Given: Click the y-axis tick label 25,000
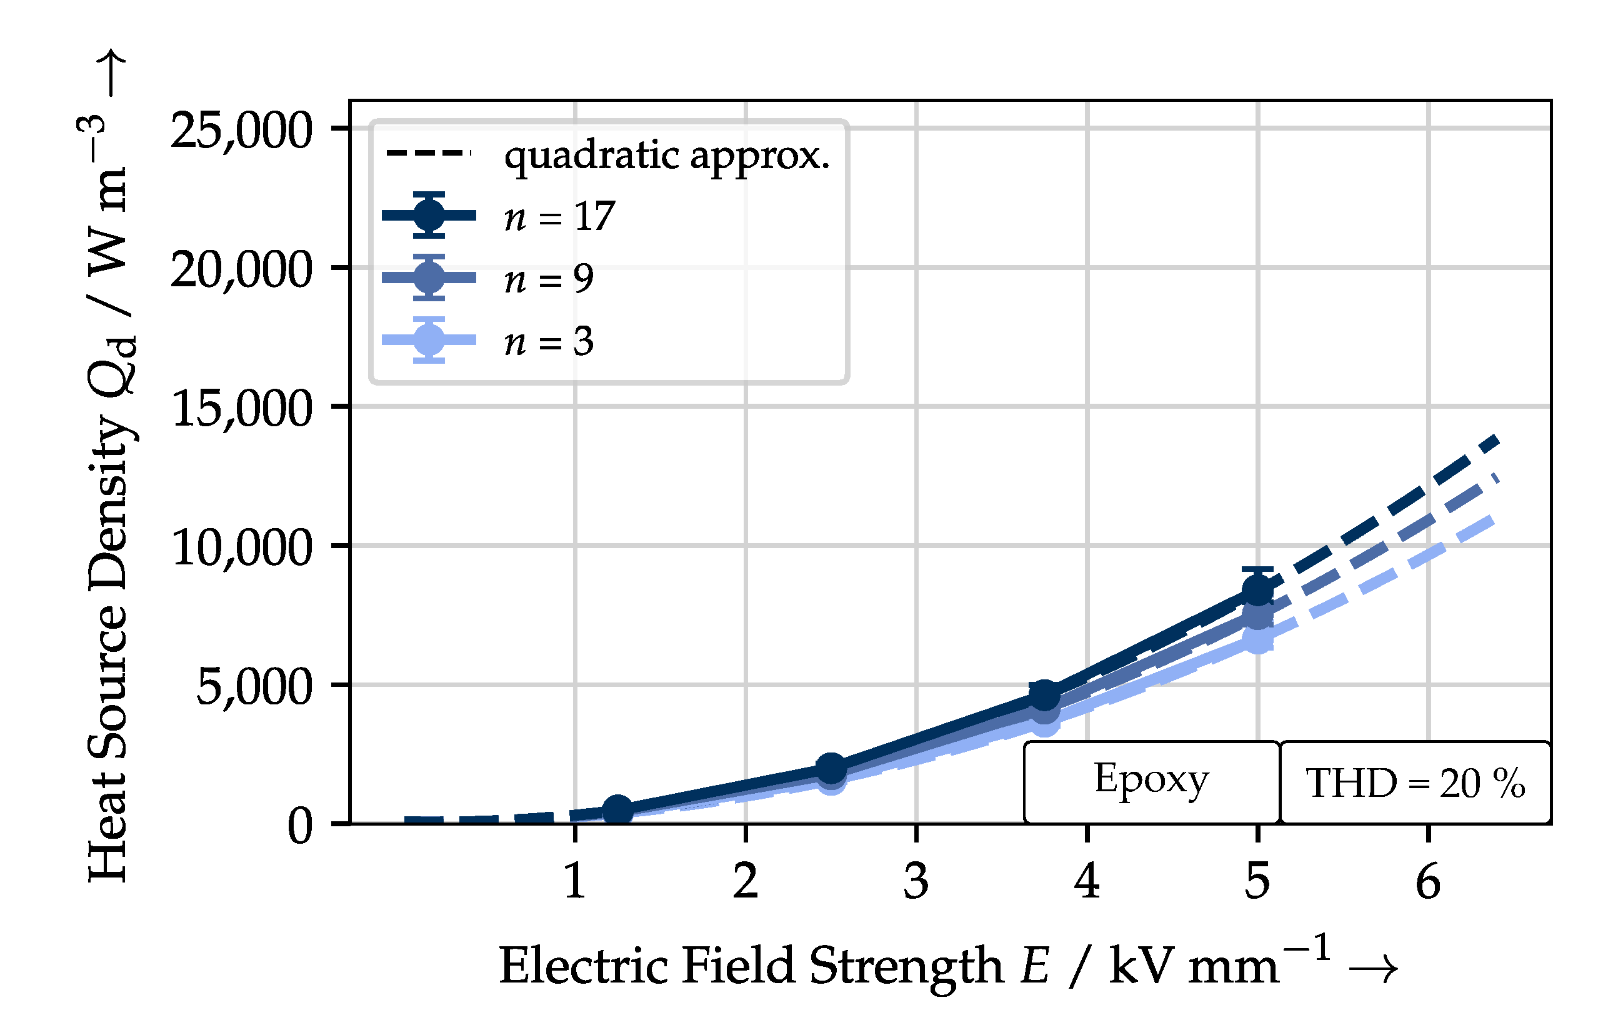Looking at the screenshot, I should pyautogui.click(x=241, y=131).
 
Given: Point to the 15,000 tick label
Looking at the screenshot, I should pyautogui.click(x=241, y=409).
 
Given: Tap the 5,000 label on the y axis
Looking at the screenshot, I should pyautogui.click(x=254, y=687).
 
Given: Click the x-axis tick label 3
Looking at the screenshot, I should pyautogui.click(x=916, y=882).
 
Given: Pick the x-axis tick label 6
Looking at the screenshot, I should pyautogui.click(x=1428, y=882).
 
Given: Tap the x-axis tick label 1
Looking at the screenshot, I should pyautogui.click(x=574, y=882).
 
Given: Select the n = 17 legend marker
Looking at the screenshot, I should pyautogui.click(x=429, y=215).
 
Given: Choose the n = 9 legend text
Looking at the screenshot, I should pyautogui.click(x=549, y=278).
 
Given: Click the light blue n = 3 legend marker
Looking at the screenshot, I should pyautogui.click(x=429, y=339).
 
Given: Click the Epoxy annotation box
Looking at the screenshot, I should pyautogui.click(x=1151, y=782).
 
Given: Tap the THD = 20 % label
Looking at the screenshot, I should pyautogui.click(x=1416, y=783).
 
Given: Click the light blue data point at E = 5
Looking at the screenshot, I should pyautogui.click(x=1257, y=640).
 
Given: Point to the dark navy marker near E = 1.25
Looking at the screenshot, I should pyautogui.click(x=617, y=809).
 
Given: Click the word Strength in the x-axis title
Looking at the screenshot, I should pyautogui.click(x=906, y=966).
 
